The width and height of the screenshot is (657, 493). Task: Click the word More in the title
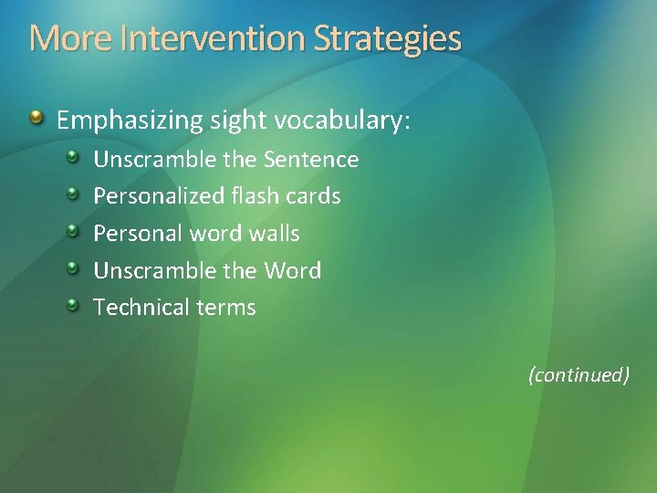click(x=60, y=39)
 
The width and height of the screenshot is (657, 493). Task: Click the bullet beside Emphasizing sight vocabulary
click(x=36, y=118)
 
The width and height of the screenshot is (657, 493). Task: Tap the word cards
click(x=315, y=196)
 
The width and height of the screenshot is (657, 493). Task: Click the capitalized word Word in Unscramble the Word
click(x=292, y=271)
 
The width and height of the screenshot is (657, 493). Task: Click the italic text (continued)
click(x=579, y=374)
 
